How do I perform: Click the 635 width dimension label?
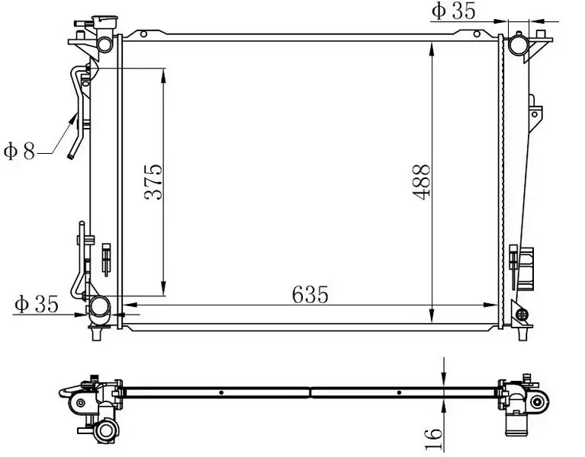click(x=310, y=294)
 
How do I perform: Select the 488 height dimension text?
click(x=421, y=182)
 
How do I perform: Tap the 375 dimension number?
click(x=153, y=182)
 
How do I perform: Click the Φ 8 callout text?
click(x=19, y=152)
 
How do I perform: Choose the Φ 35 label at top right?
click(x=454, y=11)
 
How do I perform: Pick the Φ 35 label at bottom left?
click(x=37, y=305)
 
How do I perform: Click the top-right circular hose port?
click(x=518, y=46)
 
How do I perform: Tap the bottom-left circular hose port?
click(x=99, y=307)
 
